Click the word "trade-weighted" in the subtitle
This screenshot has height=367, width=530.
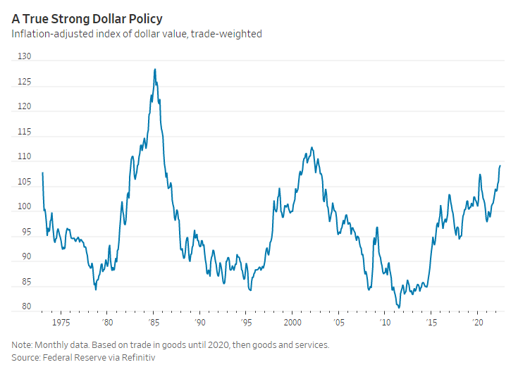pyautogui.click(x=228, y=34)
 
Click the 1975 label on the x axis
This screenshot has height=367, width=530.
pyautogui.click(x=61, y=321)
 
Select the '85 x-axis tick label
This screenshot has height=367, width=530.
pyautogui.click(x=153, y=321)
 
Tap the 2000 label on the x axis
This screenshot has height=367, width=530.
pyautogui.click(x=292, y=321)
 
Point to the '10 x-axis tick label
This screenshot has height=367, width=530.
pyautogui.click(x=385, y=321)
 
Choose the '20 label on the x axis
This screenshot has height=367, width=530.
pyautogui.click(x=477, y=321)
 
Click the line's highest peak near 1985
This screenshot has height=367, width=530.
pyautogui.click(x=154, y=69)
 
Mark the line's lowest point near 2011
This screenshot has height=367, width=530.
pyautogui.click(x=399, y=307)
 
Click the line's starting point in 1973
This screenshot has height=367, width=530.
pyautogui.click(x=43, y=173)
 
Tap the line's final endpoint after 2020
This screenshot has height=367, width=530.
pyautogui.click(x=500, y=166)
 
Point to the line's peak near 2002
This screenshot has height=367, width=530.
pyautogui.click(x=312, y=148)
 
